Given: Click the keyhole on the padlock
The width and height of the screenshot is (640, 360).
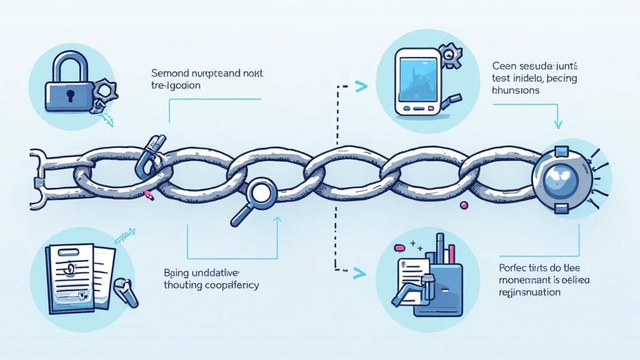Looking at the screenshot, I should (69, 95).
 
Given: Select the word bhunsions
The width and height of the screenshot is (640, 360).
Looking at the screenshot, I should (516, 90).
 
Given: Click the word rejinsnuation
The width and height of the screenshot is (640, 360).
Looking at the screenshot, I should (530, 292).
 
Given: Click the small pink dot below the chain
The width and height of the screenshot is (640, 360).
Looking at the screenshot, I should (464, 204).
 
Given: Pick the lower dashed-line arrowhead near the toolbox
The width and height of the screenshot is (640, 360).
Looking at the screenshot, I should (360, 272).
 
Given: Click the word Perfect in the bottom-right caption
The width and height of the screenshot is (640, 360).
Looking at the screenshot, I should (515, 267).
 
